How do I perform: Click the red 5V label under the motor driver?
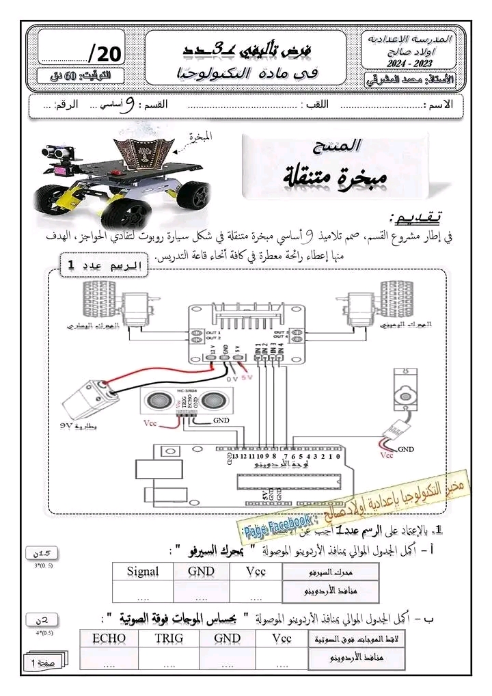245,375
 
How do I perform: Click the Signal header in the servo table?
143,572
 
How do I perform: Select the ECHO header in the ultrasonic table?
108,639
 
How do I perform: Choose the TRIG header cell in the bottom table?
168,639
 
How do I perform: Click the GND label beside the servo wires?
406,449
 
